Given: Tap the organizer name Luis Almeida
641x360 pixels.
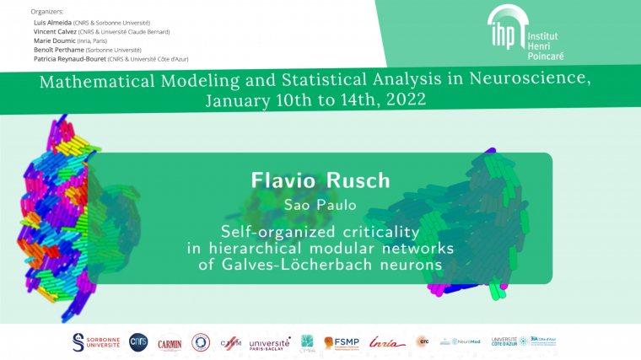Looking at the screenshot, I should coord(64,23).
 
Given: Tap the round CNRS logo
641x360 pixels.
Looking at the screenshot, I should coord(137,341).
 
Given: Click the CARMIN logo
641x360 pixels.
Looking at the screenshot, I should coord(170,342).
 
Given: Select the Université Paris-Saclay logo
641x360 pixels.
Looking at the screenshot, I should coord(271,342).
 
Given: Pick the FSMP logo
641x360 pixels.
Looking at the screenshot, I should coord(342,342).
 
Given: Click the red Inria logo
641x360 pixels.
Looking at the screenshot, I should coord(386,341).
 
